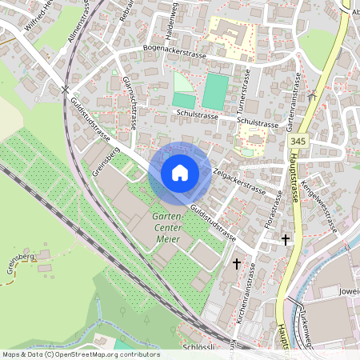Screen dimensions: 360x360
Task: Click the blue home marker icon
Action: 180,173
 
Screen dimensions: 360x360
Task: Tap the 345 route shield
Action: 298,142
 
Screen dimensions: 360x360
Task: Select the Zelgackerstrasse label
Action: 241,175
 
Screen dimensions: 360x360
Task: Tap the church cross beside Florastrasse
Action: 285,239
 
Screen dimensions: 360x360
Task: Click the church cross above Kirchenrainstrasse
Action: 236,262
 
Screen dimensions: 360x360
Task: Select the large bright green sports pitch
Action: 214,93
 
